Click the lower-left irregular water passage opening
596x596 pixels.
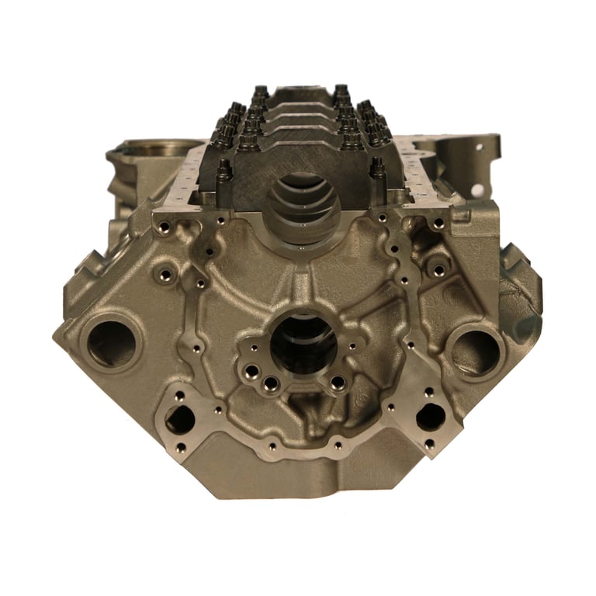(180, 420)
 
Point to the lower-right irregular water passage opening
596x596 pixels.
(431, 418)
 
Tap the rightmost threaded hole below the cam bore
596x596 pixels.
(338, 382)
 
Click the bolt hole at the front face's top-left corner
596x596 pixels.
(163, 227)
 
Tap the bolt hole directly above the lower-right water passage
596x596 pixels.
(424, 389)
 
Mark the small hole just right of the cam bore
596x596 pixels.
(353, 347)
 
